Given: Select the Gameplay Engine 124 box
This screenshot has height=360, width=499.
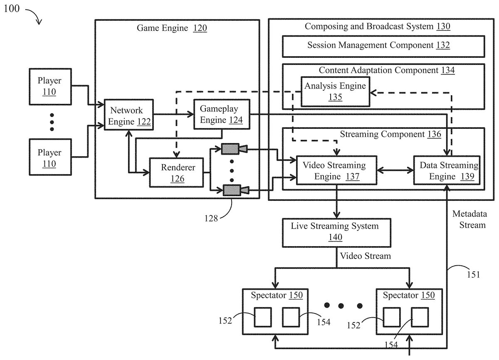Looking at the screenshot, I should tap(219, 114).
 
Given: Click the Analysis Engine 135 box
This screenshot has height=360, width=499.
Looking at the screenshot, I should tap(335, 91).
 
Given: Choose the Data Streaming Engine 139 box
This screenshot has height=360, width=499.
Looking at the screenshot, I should tap(446, 170).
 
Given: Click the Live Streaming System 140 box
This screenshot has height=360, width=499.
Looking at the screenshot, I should tap(335, 231).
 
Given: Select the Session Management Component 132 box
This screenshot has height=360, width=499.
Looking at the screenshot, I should tap(383, 45).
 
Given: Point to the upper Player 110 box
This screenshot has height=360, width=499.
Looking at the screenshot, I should tap(49, 86).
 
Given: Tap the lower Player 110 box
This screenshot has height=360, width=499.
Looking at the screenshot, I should tap(49, 158).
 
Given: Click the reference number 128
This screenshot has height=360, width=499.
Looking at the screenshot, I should tap(211, 217).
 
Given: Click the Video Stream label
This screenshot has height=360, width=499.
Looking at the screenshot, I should tap(366, 256).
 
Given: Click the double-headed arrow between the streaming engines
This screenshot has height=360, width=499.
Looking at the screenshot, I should tap(395, 170).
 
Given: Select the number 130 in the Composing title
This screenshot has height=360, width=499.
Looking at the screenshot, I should tap(443, 27).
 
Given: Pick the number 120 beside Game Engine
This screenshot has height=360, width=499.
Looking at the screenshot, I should tap(200, 28).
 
